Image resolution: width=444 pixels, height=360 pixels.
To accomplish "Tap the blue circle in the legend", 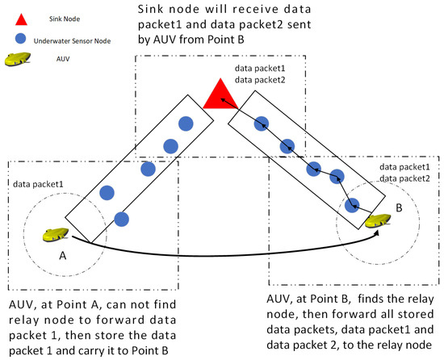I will click(x=19, y=38).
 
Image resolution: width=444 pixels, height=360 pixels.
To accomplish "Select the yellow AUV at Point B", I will click(x=376, y=219).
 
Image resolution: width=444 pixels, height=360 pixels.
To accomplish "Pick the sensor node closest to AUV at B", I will click(x=352, y=206).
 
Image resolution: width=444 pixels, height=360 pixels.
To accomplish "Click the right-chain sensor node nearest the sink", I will click(x=261, y=123).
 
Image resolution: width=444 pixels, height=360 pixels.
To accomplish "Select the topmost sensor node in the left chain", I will click(x=185, y=123).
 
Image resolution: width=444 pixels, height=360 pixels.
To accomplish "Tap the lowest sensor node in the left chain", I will click(x=121, y=218).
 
